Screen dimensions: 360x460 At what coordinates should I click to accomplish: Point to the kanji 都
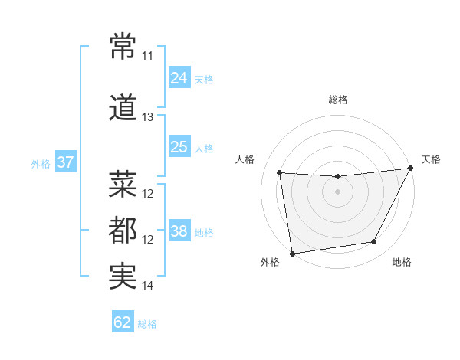pyautogui.click(x=123, y=230)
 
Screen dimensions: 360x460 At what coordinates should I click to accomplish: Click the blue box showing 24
pyautogui.click(x=179, y=78)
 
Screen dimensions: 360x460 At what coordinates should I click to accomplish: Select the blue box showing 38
pyautogui.click(x=179, y=231)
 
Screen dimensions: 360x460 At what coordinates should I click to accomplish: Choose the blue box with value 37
pyautogui.click(x=66, y=162)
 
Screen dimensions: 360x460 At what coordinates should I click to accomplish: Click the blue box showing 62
pyautogui.click(x=123, y=322)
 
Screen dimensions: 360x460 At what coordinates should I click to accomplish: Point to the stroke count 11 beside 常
pyautogui.click(x=147, y=56)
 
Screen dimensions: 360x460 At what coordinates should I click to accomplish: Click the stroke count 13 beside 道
pyautogui.click(x=147, y=117)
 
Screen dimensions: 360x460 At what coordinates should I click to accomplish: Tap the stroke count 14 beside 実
pyautogui.click(x=147, y=286)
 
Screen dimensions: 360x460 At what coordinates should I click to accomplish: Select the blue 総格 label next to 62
pyautogui.click(x=148, y=324)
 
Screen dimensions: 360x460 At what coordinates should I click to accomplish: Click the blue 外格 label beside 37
pyautogui.click(x=41, y=164)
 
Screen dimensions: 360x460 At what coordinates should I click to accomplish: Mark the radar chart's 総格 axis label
pyautogui.click(x=338, y=100)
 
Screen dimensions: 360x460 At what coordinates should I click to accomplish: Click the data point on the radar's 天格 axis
pyautogui.click(x=411, y=169)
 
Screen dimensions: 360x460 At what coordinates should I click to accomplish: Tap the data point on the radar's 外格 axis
pyautogui.click(x=292, y=253)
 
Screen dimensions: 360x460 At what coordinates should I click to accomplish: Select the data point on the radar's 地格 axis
pyautogui.click(x=374, y=242)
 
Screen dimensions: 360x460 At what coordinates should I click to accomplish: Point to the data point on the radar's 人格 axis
pyautogui.click(x=280, y=173)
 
